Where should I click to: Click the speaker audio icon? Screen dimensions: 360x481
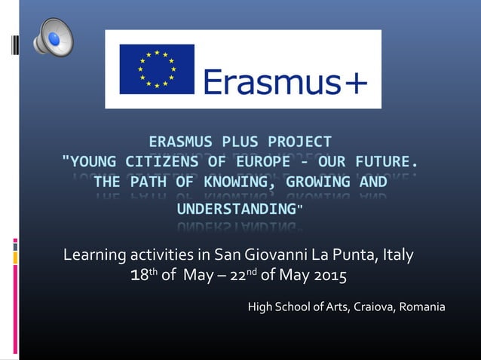53,37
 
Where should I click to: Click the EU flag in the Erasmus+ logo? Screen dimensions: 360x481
157,69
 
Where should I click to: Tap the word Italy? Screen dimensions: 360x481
397,255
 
